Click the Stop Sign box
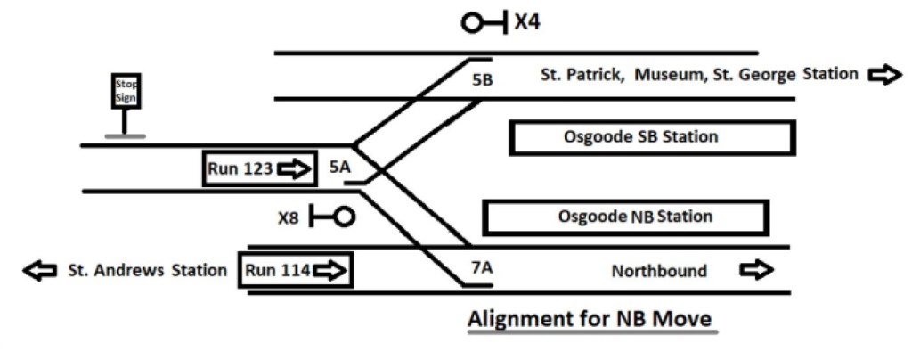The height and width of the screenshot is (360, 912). pyautogui.click(x=126, y=91)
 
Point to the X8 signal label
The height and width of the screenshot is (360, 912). pyautogui.click(x=290, y=216)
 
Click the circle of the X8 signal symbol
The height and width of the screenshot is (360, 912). pyautogui.click(x=343, y=216)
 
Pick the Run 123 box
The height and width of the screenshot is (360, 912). pyautogui.click(x=260, y=168)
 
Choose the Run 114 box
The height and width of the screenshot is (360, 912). pyautogui.click(x=296, y=270)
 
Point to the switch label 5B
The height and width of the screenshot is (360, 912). pyautogui.click(x=483, y=79)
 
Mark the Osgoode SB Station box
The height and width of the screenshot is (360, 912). pyautogui.click(x=650, y=138)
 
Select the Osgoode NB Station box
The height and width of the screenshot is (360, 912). pyautogui.click(x=624, y=217)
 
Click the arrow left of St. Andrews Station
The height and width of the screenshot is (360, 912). pyautogui.click(x=39, y=270)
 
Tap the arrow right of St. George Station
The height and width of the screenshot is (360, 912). pyautogui.click(x=883, y=75)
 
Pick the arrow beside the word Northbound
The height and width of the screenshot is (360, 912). pyautogui.click(x=758, y=270)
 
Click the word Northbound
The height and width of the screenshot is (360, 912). pyautogui.click(x=659, y=271)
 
